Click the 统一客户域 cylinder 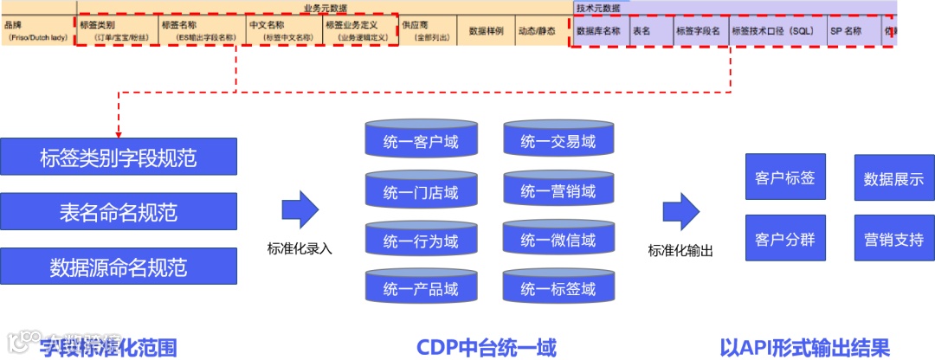pos(421,142)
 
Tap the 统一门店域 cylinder pos(421,191)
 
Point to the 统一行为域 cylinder pos(421,241)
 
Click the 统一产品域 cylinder pos(421,289)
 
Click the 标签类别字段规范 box pos(119,157)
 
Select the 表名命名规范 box pos(119,212)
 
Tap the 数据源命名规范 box pos(119,267)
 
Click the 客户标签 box pos(785,178)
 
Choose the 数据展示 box pos(893,179)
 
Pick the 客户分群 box pos(785,239)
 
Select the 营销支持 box pos(893,239)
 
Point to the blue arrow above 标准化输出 pos(680,211)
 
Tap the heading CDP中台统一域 pos(486,347)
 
